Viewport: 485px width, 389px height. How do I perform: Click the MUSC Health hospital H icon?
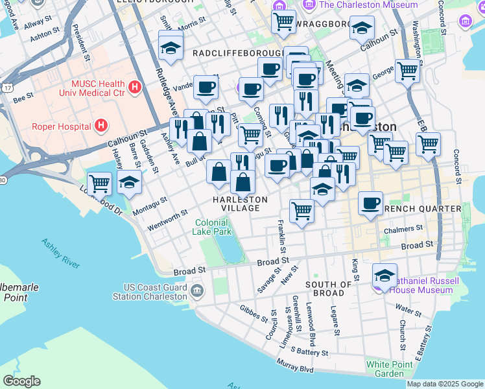135,86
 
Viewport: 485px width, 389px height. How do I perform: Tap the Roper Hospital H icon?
101,126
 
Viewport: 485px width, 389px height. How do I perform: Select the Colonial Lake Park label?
213,227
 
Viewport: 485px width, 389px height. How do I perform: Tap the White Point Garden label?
389,369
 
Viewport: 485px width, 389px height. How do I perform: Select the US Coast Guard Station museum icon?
196,289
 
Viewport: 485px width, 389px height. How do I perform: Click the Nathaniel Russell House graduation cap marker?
384,275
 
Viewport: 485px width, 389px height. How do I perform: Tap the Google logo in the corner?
21,381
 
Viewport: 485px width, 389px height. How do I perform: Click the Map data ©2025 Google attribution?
445,384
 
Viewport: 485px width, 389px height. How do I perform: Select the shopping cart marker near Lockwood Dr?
100,183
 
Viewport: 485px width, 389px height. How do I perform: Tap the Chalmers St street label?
403,228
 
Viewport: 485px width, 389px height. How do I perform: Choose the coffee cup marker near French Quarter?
370,203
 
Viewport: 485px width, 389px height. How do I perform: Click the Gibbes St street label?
254,314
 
